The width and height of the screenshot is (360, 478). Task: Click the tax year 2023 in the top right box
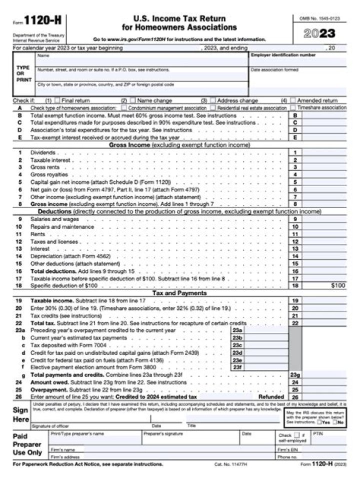tap(319, 34)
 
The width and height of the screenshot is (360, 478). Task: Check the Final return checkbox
tap(57, 100)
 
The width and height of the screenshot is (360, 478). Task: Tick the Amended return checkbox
tap(293, 100)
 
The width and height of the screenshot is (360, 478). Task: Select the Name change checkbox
tap(133, 100)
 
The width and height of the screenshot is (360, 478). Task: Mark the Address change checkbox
tap(213, 100)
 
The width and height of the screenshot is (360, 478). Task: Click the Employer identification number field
tap(298, 62)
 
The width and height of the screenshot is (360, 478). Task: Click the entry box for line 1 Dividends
tap(324, 152)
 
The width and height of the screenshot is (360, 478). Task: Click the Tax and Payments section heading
tap(179, 293)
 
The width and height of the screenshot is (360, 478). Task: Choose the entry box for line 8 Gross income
tap(324, 204)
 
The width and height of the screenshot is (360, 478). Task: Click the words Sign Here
tap(20, 414)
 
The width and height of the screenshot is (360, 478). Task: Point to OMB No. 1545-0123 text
tap(319, 19)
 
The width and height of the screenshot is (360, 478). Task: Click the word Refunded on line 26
tap(270, 397)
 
